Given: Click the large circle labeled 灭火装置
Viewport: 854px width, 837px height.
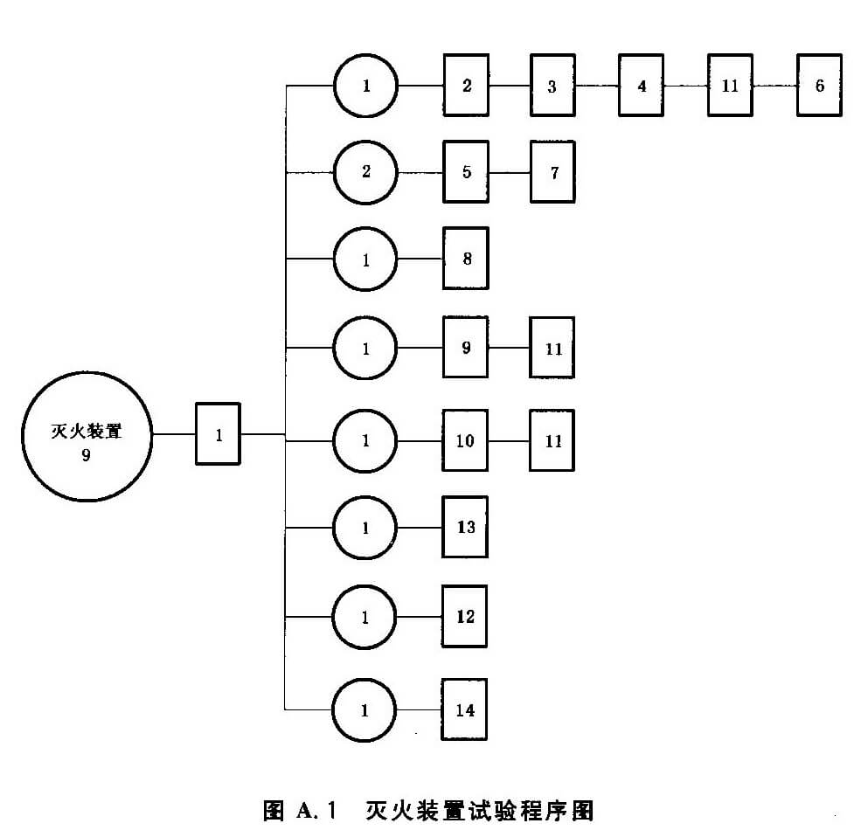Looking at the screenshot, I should [x=86, y=434].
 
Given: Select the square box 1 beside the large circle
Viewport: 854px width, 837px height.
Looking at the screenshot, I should [x=218, y=434].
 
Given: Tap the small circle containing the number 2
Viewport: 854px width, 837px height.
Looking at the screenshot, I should [x=365, y=171].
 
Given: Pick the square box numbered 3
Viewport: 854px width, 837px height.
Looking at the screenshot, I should [x=552, y=86].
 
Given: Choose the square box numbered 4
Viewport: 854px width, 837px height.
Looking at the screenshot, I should [x=642, y=86].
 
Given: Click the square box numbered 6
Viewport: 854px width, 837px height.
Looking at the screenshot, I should [x=819, y=86].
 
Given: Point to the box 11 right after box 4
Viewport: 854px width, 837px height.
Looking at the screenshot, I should [x=731, y=86].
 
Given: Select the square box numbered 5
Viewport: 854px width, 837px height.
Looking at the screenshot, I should [x=465, y=171].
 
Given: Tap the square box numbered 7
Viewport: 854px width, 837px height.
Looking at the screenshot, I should [x=552, y=171].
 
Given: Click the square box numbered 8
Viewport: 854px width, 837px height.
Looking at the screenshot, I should [x=465, y=259].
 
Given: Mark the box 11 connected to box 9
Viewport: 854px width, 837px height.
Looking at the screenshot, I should [x=552, y=348].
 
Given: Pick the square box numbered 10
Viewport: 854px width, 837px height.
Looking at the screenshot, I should [x=465, y=440].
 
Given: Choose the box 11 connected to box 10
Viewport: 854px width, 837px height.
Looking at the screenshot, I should [x=552, y=440].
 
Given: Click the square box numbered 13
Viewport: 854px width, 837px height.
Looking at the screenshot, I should [x=465, y=527].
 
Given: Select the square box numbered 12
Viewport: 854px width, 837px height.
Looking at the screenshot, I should [x=465, y=617].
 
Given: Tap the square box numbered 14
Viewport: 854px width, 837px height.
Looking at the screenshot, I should [x=465, y=709].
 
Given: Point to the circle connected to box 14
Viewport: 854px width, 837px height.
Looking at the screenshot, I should [x=365, y=709].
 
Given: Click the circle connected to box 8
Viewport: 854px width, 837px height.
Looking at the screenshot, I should [x=365, y=259].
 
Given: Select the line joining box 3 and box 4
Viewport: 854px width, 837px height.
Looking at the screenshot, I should [x=597, y=86].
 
